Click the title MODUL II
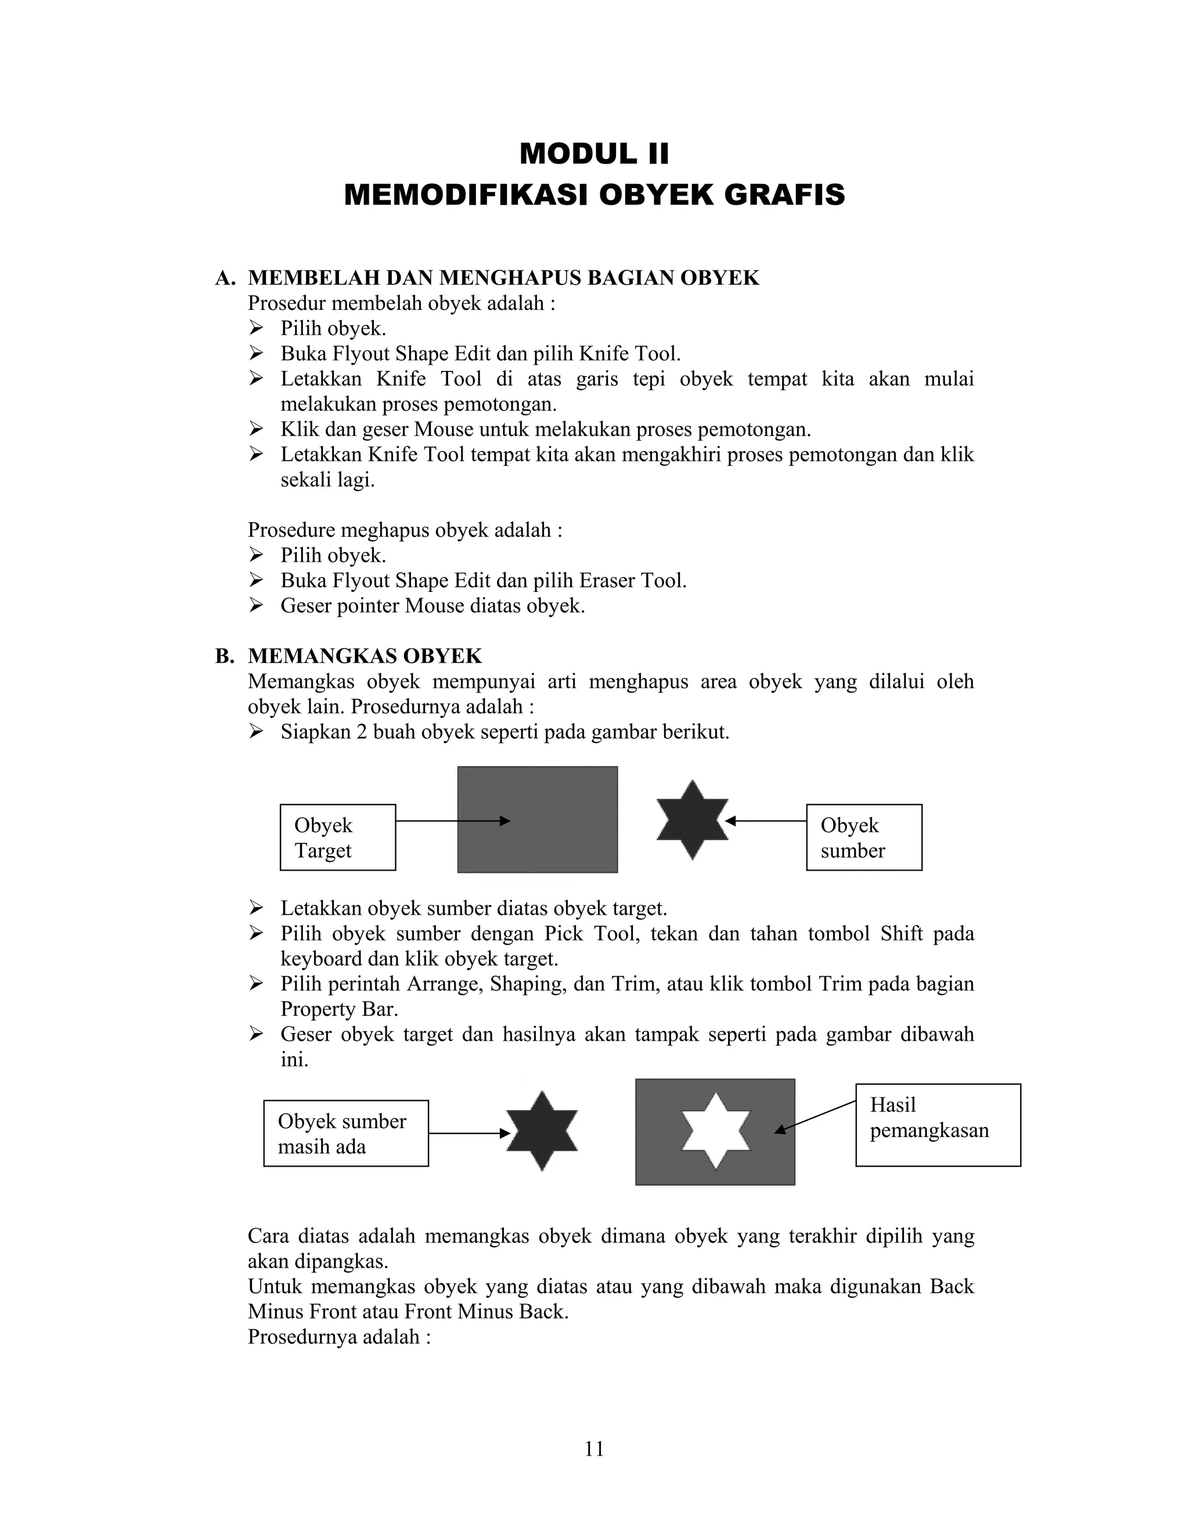(x=594, y=154)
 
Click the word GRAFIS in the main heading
(x=784, y=195)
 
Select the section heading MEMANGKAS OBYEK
(x=364, y=656)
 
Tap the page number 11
(x=594, y=1449)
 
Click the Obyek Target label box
(x=337, y=837)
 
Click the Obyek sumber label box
(x=863, y=837)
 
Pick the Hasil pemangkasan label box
(x=938, y=1125)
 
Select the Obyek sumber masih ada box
(x=346, y=1133)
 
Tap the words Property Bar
(x=339, y=1009)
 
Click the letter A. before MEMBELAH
(x=225, y=278)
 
